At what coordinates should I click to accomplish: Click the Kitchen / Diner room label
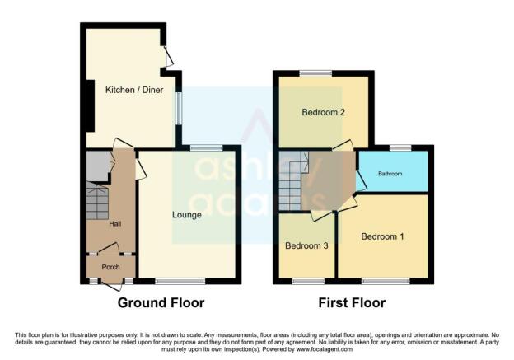point(134,90)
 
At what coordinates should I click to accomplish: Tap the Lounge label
point(187,215)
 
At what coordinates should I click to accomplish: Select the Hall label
point(115,224)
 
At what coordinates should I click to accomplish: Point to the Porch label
point(111,267)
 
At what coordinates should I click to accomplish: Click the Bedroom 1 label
point(382,236)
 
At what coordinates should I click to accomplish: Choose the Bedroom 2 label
point(323,113)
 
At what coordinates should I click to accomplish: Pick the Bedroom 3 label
point(306,245)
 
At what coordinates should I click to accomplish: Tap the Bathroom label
point(390,174)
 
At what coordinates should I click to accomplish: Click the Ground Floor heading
point(161,302)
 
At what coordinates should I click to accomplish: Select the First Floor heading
point(352,302)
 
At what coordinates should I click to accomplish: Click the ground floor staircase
point(97,201)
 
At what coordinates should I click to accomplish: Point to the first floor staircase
point(290,180)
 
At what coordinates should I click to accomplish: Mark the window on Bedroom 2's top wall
point(316,74)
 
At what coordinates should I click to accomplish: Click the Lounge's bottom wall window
point(180,281)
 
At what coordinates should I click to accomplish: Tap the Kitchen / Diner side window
point(179,108)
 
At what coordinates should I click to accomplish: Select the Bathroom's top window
point(400,147)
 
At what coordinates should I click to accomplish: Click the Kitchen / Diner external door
point(169,56)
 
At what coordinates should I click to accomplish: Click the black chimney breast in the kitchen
point(90,105)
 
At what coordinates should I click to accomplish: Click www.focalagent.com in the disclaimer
point(325,349)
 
